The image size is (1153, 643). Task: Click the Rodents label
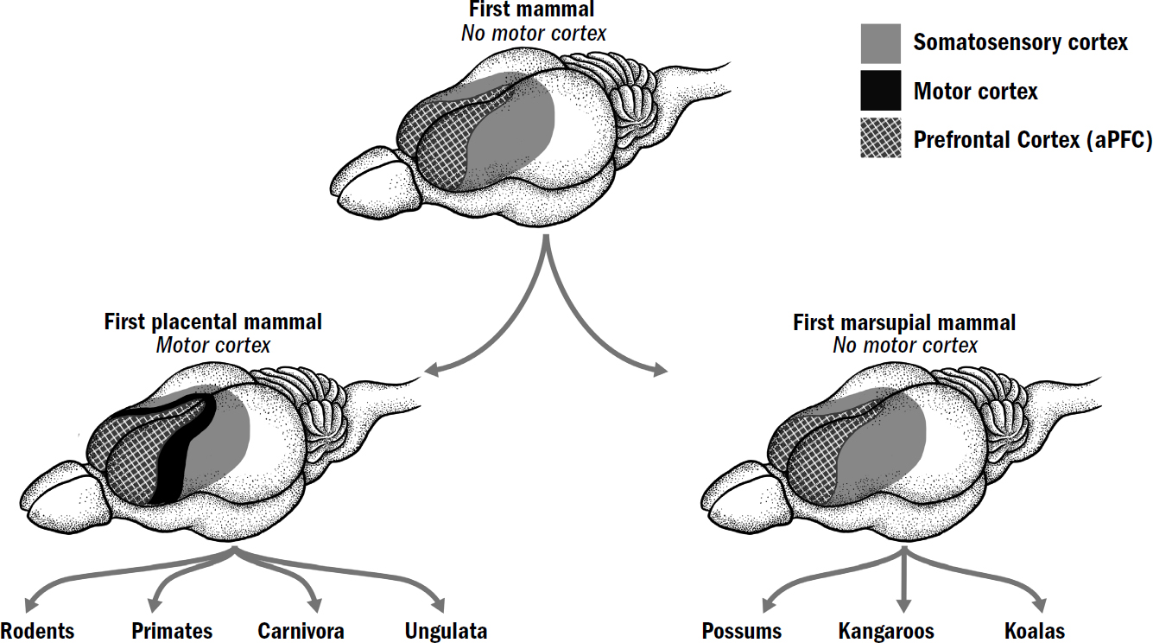click(x=37, y=631)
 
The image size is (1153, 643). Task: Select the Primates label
click(x=172, y=631)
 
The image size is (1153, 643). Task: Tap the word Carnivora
click(x=301, y=631)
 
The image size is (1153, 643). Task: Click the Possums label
click(x=742, y=631)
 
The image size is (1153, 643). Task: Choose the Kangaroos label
click(x=886, y=631)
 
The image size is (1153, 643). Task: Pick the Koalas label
click(x=1035, y=631)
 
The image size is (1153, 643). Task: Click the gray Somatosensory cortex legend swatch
click(x=881, y=43)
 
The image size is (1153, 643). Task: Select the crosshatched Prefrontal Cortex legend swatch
click(x=881, y=139)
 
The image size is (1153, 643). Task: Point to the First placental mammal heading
click(x=213, y=322)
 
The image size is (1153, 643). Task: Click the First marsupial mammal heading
click(x=904, y=323)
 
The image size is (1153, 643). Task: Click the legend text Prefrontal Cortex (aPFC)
click(x=1032, y=140)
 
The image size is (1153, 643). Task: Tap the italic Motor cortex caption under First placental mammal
click(x=213, y=346)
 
